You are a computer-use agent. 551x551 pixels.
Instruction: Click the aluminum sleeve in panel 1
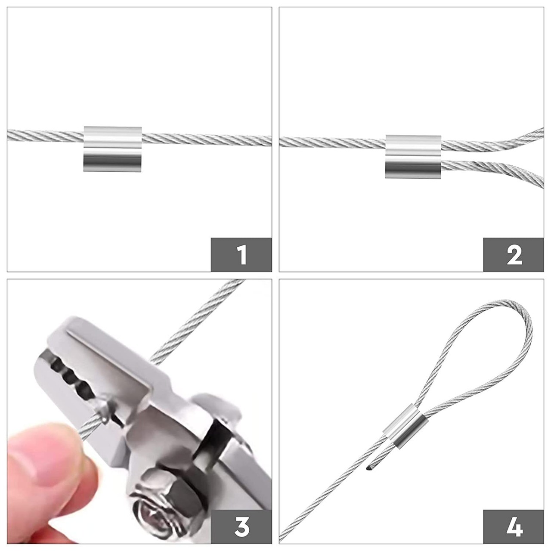112,149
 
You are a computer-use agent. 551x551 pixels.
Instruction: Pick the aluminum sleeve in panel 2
413,157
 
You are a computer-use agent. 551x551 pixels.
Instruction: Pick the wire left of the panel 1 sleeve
45,134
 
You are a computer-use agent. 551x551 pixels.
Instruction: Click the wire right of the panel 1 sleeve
207,139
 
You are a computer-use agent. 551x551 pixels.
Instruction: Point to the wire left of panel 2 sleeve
332,142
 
